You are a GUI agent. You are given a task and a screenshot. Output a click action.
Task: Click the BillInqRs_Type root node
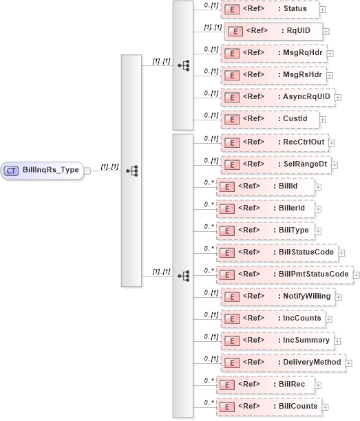tap(43, 170)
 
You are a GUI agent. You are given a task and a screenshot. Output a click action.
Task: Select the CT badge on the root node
tap(12, 170)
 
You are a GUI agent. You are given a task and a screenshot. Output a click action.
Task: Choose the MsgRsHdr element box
tap(273, 75)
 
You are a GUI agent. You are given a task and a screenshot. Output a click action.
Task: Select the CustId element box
tap(269, 119)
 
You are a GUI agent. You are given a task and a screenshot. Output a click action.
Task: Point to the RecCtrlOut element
tap(274, 142)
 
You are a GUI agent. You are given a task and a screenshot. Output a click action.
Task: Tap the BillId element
tap(265, 186)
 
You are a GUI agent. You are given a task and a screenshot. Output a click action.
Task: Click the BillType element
tap(268, 230)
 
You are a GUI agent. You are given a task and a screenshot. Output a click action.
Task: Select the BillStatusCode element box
tap(277, 252)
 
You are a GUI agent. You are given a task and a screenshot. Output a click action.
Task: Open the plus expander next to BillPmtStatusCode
tap(357, 274)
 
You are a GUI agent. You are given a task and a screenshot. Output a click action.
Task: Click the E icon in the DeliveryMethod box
tap(232, 363)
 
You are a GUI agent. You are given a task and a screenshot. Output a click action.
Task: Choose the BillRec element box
tap(266, 385)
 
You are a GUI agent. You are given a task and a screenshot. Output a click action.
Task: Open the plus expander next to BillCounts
tap(324, 407)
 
